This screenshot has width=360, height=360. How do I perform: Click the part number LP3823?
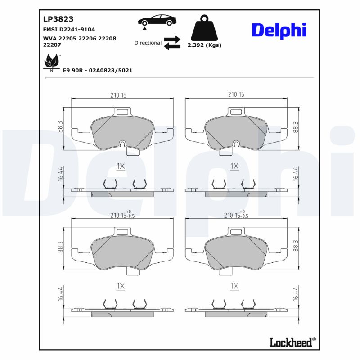tap(58, 19)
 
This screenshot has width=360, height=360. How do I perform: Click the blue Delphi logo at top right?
tap(279, 30)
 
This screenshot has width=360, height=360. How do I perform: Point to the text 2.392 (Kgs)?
tap(204, 45)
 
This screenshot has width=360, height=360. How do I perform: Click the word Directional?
tap(148, 43)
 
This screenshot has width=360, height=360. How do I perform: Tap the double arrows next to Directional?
tap(172, 43)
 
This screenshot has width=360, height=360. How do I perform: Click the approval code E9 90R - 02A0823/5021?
tap(97, 71)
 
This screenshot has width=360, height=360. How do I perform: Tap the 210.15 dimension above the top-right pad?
tap(236, 94)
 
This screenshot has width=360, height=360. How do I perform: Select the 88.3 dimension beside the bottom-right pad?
tap(295, 247)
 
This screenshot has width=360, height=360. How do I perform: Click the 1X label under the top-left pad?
tap(120, 166)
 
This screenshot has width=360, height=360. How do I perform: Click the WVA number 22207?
tap(53, 45)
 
